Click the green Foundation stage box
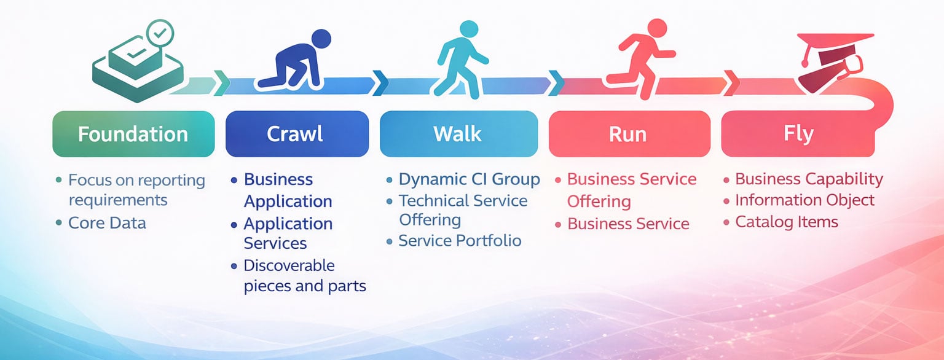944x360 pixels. point(133,134)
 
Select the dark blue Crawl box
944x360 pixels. point(297,134)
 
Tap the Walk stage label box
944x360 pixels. point(458,134)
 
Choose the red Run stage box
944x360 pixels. point(628,134)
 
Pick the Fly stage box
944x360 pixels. point(798,134)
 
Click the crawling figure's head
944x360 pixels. point(321,39)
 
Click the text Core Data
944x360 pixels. point(107,222)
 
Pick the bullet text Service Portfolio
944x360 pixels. point(460,241)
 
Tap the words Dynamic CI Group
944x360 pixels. point(469,179)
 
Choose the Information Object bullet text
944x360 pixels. point(804,200)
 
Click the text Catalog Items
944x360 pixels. point(787,222)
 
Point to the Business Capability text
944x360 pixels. point(809,179)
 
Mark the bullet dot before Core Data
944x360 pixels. point(59,222)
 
